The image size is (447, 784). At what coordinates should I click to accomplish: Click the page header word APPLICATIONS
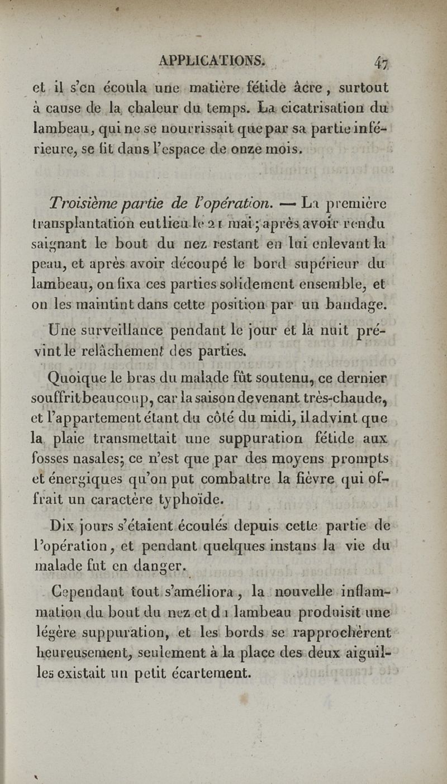coord(206,61)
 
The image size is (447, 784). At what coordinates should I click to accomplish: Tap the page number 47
coord(382,63)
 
